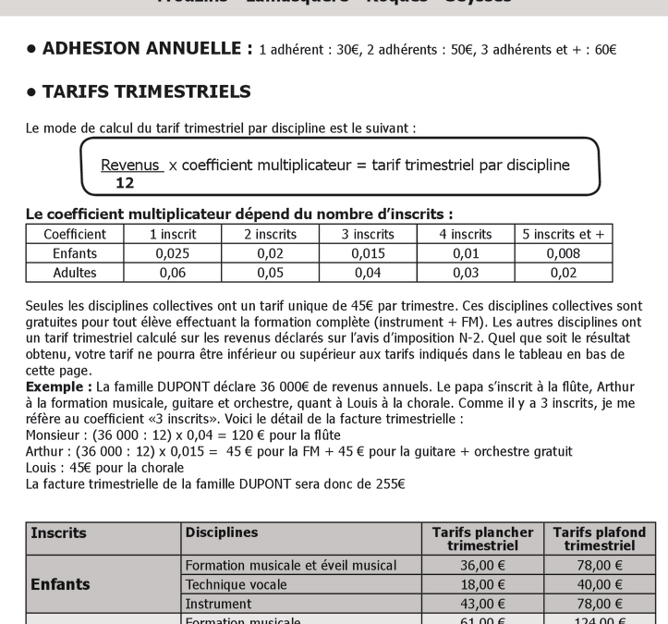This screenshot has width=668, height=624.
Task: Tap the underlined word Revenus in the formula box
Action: click(132, 165)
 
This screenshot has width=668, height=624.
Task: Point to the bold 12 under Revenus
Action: click(125, 183)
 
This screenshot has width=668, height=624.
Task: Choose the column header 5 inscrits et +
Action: click(561, 234)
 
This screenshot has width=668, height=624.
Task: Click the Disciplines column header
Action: click(222, 533)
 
